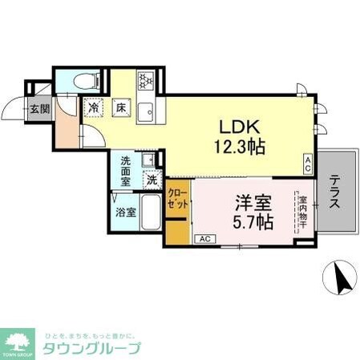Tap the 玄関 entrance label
(39, 109)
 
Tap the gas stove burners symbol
(147, 80)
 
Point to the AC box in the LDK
(307, 163)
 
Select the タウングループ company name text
(92, 348)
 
